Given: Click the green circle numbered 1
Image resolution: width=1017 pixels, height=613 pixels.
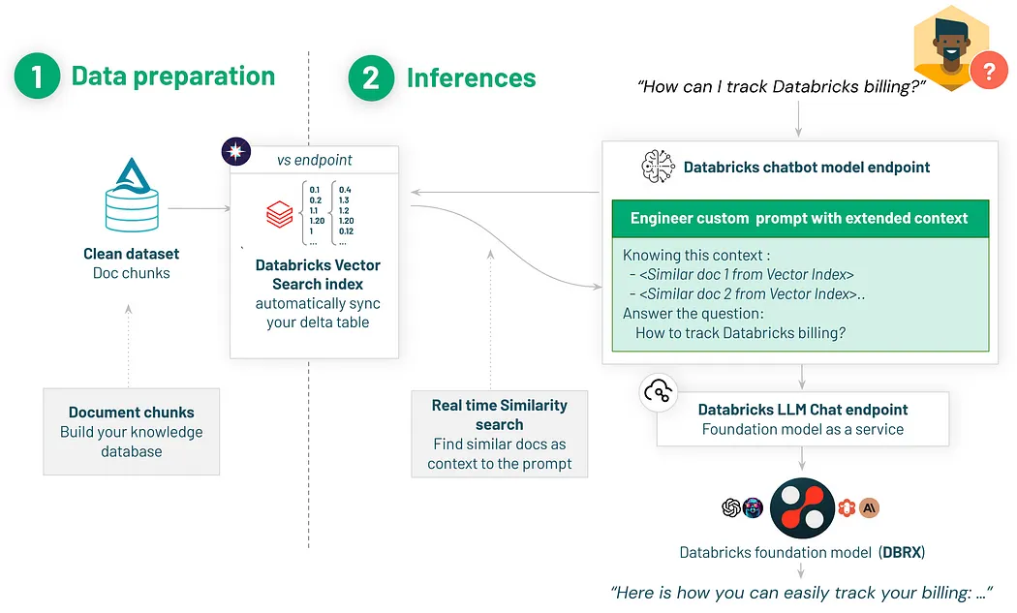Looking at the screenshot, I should (38, 77).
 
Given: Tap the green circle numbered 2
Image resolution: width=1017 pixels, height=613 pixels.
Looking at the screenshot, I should (371, 77).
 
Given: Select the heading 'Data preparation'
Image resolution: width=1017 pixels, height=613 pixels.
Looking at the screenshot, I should (173, 77).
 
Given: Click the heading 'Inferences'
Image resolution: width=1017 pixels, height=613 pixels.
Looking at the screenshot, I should (471, 77).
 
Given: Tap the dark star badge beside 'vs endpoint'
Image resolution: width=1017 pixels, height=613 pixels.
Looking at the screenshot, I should (236, 152).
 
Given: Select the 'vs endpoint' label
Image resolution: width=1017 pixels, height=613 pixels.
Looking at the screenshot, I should (315, 160).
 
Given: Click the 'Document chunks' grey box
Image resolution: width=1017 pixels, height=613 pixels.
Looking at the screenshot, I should (132, 432).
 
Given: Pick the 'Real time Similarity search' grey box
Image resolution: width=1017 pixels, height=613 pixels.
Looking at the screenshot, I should (500, 434).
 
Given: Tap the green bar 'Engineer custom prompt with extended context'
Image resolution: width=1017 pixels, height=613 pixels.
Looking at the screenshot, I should (799, 218).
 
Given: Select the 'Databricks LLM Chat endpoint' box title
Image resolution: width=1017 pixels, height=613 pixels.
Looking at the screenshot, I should (803, 410).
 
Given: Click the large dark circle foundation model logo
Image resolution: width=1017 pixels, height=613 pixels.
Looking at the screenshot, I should (802, 508).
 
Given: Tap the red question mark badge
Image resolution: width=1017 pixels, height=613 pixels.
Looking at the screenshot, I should (989, 71).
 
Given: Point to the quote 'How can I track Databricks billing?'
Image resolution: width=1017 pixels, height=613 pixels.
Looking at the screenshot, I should (783, 87).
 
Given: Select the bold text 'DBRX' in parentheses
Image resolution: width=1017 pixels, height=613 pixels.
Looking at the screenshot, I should (902, 553).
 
